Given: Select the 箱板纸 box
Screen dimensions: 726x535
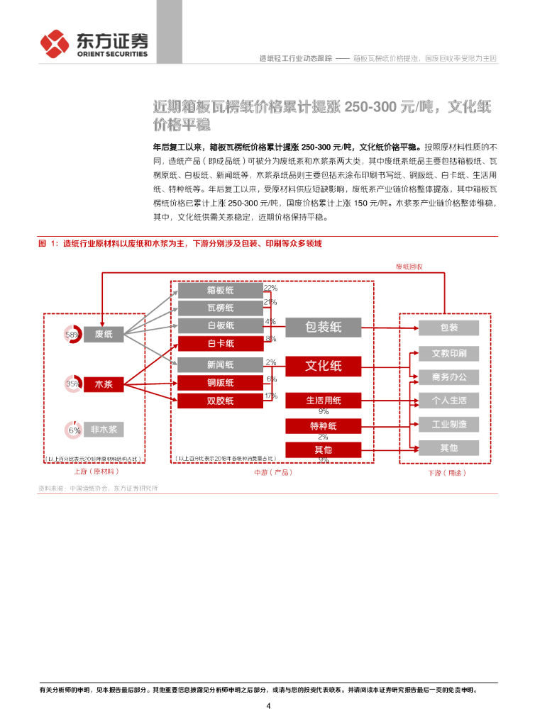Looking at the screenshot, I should point(220,290).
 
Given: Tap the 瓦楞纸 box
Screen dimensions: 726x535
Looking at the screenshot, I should point(220,308).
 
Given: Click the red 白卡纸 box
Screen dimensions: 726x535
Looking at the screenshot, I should point(220,343).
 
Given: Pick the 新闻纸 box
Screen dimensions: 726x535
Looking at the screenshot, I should point(220,365).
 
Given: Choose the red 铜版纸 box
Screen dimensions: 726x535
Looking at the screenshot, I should point(220,383).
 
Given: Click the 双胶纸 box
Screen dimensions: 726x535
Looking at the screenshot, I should point(220,401).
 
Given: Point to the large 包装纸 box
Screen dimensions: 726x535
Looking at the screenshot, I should point(323,327).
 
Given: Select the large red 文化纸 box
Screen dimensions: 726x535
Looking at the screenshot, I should point(323,366).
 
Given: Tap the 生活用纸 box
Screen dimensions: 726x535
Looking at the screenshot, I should point(323,401).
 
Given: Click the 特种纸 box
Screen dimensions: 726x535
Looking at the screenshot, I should point(323,426).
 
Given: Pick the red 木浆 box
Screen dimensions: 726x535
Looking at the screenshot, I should point(104,384).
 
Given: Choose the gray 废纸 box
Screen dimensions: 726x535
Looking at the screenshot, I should point(104,334).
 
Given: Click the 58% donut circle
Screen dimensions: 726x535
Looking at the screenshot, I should point(72,334).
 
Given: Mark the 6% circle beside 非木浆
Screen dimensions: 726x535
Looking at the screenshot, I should point(74,430).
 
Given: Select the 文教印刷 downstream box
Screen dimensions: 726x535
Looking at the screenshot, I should point(448,353).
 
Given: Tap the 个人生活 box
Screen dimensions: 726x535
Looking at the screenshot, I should point(448,401).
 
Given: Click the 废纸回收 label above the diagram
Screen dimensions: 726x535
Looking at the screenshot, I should point(409,267).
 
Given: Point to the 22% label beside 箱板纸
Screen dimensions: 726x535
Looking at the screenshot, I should point(270,288).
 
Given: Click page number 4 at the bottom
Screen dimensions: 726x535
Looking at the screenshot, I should point(268,706).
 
